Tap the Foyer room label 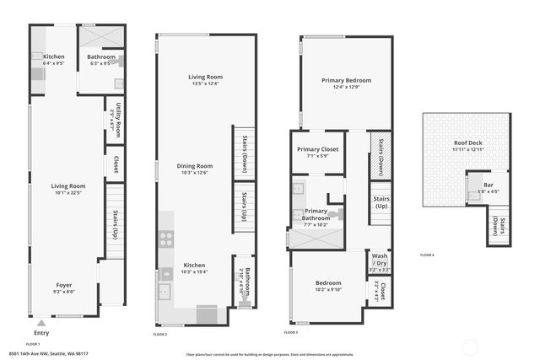pyautogui.click(x=65, y=285)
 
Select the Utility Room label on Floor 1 pyautogui.click(x=121, y=113)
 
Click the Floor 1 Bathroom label pyautogui.click(x=101, y=56)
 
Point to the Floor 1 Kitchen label pyautogui.click(x=53, y=56)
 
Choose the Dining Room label pyautogui.click(x=194, y=166)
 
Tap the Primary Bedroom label pyautogui.click(x=346, y=81)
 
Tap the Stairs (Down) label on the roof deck pyautogui.click(x=501, y=228)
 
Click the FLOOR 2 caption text pyautogui.click(x=160, y=335)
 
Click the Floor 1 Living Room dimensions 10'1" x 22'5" pyautogui.click(x=68, y=192)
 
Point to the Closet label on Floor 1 pyautogui.click(x=115, y=164)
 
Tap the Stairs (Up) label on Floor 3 pyautogui.click(x=381, y=203)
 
